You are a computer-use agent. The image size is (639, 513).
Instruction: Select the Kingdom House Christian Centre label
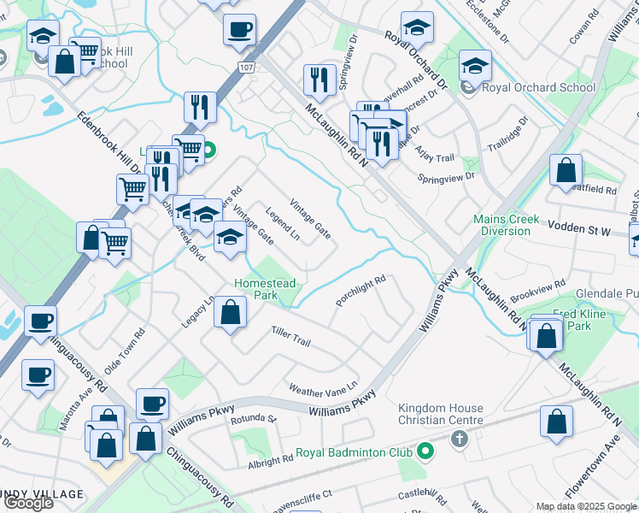point(441,414)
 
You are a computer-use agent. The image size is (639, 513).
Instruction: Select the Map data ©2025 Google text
point(585,506)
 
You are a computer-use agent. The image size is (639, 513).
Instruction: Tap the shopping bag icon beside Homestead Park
point(230,311)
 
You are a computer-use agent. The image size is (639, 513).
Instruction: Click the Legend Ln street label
point(282,224)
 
